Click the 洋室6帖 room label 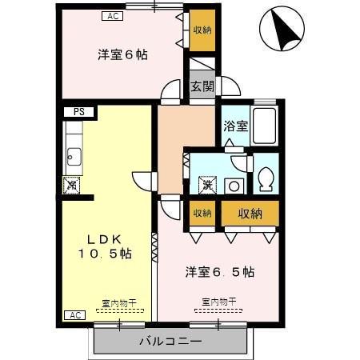tap(122, 54)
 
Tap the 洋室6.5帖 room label tap(220, 271)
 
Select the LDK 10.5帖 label tap(105, 246)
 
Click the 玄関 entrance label tap(202, 87)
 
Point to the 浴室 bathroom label tap(234, 126)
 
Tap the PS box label tap(79, 112)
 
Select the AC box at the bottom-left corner tap(74, 315)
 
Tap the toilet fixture tap(266, 179)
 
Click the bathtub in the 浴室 tap(264, 126)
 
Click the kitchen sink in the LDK tap(72, 156)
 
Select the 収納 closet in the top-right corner tap(202, 30)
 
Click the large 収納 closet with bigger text tap(250, 213)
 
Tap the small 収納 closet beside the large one tap(202, 213)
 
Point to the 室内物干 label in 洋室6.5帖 tap(219, 302)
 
